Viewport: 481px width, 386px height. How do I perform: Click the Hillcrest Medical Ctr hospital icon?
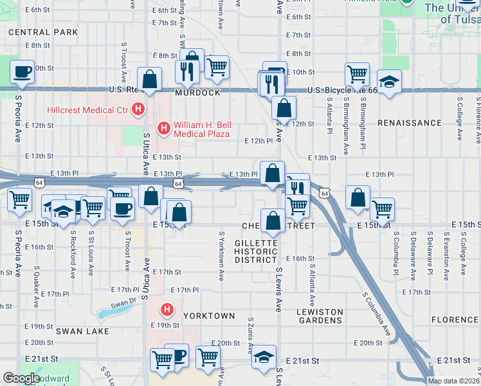point(137,109)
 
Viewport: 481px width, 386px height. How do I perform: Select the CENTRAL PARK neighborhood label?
point(43,32)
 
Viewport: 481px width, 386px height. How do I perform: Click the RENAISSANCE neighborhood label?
point(410,122)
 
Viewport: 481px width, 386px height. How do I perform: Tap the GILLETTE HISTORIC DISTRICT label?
point(255,251)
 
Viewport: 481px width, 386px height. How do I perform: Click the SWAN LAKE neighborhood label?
point(82,331)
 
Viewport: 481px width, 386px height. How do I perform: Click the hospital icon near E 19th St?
point(167,311)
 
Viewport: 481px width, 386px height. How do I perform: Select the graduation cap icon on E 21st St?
point(264,358)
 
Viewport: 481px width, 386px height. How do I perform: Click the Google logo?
point(21,378)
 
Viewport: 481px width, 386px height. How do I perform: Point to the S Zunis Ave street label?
point(250,333)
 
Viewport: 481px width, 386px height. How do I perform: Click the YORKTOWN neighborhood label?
point(209,317)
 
